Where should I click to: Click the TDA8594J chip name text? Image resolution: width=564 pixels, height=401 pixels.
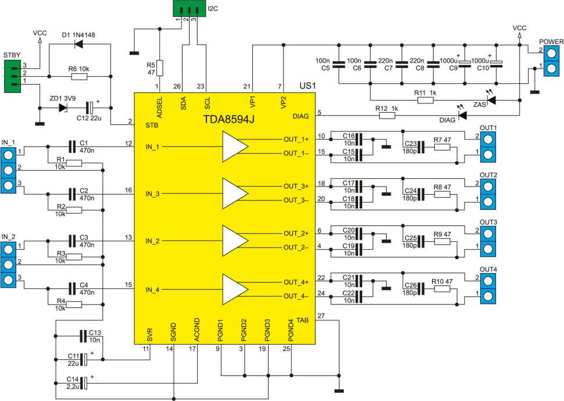229,119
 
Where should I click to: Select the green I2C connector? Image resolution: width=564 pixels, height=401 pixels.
189,8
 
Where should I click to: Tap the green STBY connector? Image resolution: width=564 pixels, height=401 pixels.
13,76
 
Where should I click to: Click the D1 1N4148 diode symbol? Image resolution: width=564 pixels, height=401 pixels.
78,44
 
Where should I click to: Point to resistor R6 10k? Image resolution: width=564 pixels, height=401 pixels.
79,76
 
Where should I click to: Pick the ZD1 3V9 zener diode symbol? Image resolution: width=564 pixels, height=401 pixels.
63,107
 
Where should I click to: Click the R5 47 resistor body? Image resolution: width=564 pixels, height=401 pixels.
159,69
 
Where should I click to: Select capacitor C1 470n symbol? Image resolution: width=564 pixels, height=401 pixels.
72,146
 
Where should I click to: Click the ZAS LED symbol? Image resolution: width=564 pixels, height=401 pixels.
491,99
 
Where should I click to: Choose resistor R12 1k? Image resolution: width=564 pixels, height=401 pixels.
387,116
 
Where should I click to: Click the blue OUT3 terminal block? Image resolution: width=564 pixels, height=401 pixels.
488,241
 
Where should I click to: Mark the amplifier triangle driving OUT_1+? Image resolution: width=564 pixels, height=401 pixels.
235,146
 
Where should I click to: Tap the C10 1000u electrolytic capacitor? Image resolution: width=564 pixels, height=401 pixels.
497,64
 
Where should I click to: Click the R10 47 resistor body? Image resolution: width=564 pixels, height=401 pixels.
442,288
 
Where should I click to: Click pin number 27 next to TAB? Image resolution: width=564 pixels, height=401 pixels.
321,316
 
